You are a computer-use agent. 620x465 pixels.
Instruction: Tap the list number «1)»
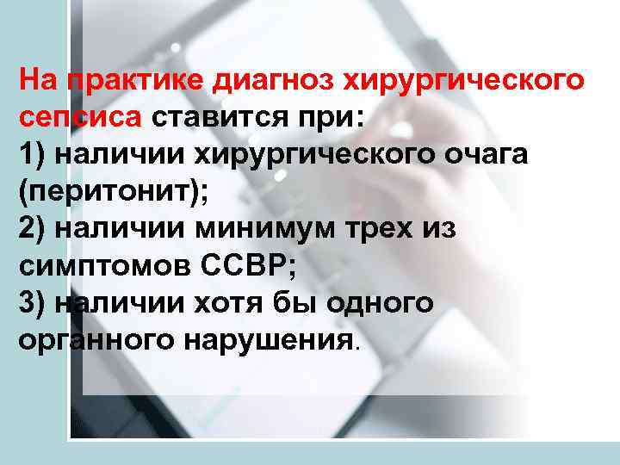point(34,156)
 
